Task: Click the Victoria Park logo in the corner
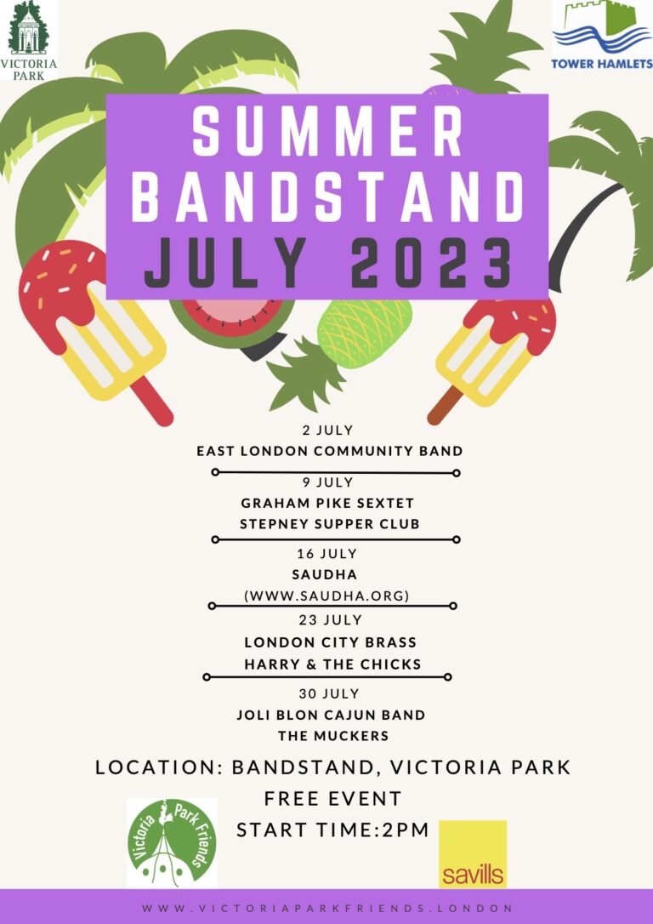point(29,40)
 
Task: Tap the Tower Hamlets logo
point(602,36)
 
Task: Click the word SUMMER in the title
point(326,134)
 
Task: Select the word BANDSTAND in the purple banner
point(327,197)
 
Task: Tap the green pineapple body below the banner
point(365,333)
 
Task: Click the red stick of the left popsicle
point(152,401)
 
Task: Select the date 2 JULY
point(328,431)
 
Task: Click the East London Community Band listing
point(330,452)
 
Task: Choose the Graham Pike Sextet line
point(327,503)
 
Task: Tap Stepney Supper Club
point(330,524)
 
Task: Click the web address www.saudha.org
point(326,596)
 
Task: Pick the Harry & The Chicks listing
point(332,664)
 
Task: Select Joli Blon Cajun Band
point(331,715)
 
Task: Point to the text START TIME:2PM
point(332,830)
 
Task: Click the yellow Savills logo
point(473,854)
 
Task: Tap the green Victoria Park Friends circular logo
point(172,842)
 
